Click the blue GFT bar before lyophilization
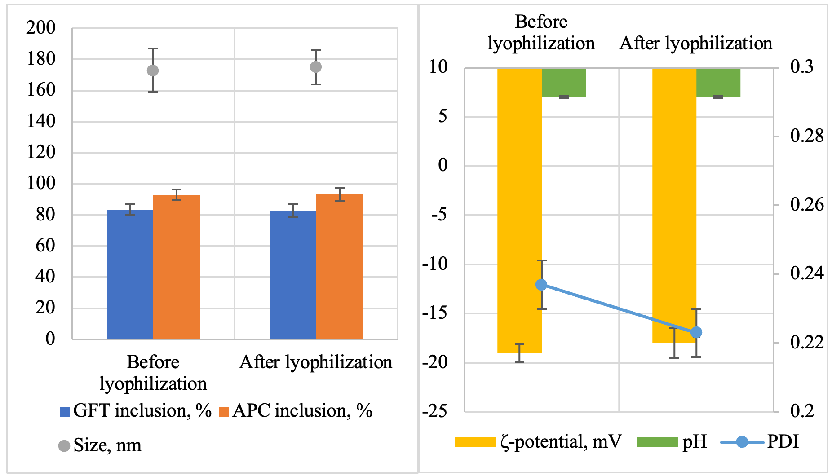[x=130, y=274]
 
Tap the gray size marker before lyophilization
[x=153, y=71]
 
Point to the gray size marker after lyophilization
[x=316, y=67]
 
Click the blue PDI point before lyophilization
[x=541, y=285]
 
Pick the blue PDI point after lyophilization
[x=696, y=332]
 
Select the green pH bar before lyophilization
[x=564, y=83]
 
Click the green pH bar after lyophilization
[x=718, y=83]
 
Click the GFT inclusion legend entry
[x=135, y=411]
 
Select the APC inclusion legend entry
[x=296, y=411]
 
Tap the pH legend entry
[x=672, y=442]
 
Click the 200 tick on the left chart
[x=41, y=28]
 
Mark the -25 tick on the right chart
[x=434, y=411]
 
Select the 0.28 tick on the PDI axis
[x=806, y=136]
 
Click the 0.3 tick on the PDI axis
[x=801, y=67]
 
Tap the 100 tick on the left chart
[x=41, y=183]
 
